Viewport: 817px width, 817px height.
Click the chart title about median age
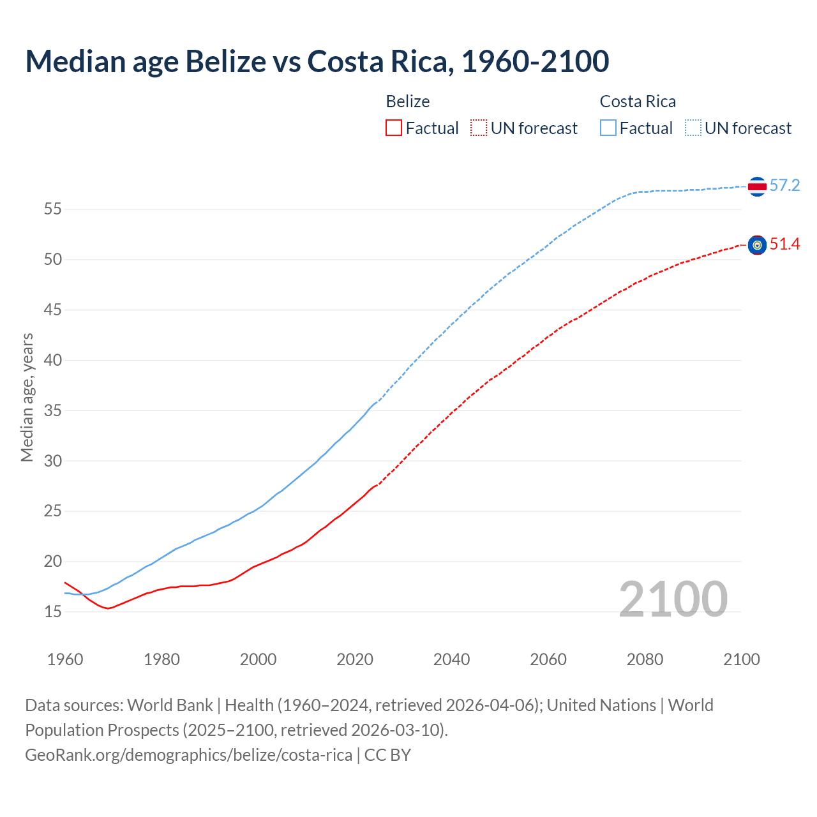pyautogui.click(x=317, y=61)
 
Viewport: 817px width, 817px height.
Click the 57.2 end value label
pyautogui.click(x=784, y=186)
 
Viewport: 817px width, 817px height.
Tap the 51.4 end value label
pyautogui.click(x=784, y=244)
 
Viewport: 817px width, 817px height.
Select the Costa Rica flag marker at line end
pyautogui.click(x=757, y=186)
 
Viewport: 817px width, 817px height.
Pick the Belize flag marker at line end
pyautogui.click(x=757, y=245)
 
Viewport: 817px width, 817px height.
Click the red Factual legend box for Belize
pyautogui.click(x=394, y=128)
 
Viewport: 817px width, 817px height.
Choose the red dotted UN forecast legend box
pyautogui.click(x=479, y=128)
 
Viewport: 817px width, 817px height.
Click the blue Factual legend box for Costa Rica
pyautogui.click(x=608, y=128)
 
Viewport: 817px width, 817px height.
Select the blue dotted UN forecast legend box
pyautogui.click(x=693, y=128)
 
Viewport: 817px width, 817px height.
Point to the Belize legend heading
pyautogui.click(x=408, y=101)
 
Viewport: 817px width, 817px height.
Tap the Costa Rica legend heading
pyautogui.click(x=638, y=101)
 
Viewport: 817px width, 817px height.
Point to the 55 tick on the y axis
pyautogui.click(x=53, y=209)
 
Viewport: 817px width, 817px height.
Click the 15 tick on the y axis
pyautogui.click(x=53, y=612)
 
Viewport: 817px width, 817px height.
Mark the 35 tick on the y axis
pyautogui.click(x=53, y=410)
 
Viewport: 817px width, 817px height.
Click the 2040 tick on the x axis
pyautogui.click(x=451, y=659)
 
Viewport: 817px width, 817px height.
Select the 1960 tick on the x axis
pyautogui.click(x=65, y=659)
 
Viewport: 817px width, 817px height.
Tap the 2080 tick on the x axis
pyautogui.click(x=645, y=659)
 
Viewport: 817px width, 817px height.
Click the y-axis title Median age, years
pyautogui.click(x=27, y=397)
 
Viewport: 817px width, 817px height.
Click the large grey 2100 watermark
pyautogui.click(x=673, y=599)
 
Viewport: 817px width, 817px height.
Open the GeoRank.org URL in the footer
pyautogui.click(x=188, y=755)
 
